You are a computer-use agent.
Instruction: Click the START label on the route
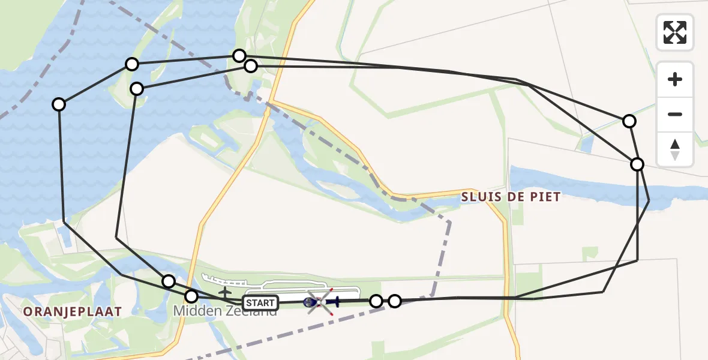(x=260, y=302)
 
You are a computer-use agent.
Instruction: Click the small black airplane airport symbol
(x=224, y=293)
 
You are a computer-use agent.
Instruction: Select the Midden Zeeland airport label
(x=225, y=311)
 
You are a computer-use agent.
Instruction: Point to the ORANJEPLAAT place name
(x=72, y=311)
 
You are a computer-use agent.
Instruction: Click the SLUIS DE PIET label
(x=511, y=197)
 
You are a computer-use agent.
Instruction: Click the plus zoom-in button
(x=675, y=79)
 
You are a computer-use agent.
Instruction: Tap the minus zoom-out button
(x=675, y=114)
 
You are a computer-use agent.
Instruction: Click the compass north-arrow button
(x=675, y=149)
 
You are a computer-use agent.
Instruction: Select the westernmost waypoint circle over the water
(x=59, y=104)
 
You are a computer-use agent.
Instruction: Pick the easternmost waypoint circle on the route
(x=637, y=164)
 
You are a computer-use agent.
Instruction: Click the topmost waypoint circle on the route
(x=239, y=56)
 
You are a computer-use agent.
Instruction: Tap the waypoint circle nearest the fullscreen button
(x=629, y=121)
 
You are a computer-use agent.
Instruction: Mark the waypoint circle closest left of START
(x=191, y=296)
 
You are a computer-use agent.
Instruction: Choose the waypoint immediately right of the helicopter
(x=376, y=301)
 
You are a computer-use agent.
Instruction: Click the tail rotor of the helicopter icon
(x=335, y=302)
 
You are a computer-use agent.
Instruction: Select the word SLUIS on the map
(x=479, y=197)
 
